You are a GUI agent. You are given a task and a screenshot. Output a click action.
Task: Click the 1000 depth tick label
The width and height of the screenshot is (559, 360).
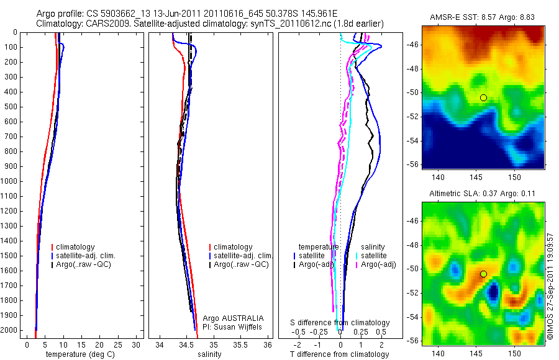9,181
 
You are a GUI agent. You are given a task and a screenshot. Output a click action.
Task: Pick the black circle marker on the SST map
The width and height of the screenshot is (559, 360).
484,97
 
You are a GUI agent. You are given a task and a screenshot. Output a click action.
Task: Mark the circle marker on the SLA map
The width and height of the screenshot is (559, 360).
484,274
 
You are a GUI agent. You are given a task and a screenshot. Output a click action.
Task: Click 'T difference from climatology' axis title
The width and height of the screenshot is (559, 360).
339,354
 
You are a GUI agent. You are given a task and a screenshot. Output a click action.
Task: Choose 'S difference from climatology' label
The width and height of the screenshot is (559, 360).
340,323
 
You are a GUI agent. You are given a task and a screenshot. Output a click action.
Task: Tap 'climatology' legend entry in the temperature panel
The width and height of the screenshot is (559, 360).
80,247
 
